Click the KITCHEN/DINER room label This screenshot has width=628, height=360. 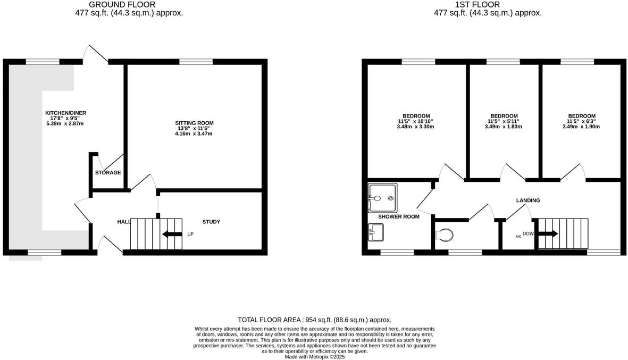pyautogui.click(x=65, y=113)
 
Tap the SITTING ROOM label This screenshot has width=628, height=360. pyautogui.click(x=195, y=123)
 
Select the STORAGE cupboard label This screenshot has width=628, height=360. pyautogui.click(x=108, y=173)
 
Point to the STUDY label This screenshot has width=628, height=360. pyautogui.click(x=211, y=222)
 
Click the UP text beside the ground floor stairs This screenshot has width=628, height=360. pyautogui.click(x=190, y=234)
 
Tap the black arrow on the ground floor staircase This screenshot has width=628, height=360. pyautogui.click(x=171, y=234)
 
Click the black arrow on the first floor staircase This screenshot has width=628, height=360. pyautogui.click(x=549, y=233)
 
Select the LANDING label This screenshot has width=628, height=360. pyautogui.click(x=528, y=200)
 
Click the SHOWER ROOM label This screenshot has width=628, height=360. pyautogui.click(x=398, y=216)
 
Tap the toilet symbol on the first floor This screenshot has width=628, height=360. pyautogui.click(x=443, y=235)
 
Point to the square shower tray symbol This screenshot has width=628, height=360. pyautogui.click(x=382, y=198)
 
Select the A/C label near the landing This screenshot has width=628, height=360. pyautogui.click(x=518, y=236)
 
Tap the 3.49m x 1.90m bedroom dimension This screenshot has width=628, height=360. pyautogui.click(x=581, y=127)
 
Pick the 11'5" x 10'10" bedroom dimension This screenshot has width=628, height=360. pyautogui.click(x=416, y=121)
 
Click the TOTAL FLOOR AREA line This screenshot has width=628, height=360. pyautogui.click(x=314, y=320)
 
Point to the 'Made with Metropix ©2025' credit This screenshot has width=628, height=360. pyautogui.click(x=314, y=357)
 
